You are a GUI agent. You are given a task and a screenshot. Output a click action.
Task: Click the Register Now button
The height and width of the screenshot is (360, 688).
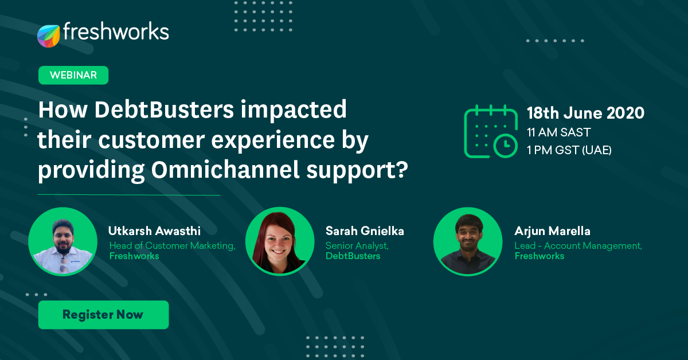point(104,315)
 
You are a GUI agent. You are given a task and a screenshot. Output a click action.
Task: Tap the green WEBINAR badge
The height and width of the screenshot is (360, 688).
point(73,75)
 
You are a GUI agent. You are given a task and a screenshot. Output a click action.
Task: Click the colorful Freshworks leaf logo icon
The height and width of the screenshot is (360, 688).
point(48,36)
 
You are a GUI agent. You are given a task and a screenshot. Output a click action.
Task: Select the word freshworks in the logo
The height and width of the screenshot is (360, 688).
point(116,32)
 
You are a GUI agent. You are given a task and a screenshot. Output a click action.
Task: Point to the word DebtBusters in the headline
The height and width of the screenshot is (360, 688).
point(164,109)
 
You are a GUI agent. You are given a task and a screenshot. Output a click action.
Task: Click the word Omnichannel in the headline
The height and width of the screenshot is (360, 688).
point(225,170)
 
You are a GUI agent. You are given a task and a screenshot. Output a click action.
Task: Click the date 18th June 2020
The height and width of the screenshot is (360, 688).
point(585,113)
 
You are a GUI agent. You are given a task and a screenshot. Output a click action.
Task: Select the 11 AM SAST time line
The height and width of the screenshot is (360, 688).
point(558,132)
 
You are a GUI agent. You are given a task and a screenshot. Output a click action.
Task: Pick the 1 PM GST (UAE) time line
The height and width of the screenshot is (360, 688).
point(569,150)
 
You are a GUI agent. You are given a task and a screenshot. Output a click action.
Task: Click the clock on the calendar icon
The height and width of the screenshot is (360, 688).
point(505,146)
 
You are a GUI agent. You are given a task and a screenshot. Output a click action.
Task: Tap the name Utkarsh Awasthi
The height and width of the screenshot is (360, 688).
point(154,231)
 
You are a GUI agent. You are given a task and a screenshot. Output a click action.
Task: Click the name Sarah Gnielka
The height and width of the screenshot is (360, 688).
point(365,231)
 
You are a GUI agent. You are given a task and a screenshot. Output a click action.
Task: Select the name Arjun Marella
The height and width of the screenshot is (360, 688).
point(552,231)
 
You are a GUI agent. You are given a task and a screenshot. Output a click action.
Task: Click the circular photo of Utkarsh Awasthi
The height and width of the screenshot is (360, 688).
point(62,242)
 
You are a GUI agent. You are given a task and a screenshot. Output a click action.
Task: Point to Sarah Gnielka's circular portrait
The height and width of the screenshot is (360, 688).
point(280,241)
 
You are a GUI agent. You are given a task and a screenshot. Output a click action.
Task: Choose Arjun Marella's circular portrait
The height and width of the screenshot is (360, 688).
point(468,242)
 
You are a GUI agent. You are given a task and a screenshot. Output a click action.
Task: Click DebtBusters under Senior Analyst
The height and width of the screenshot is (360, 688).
point(353,256)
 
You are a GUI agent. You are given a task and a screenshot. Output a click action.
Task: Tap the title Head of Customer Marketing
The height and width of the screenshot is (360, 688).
point(173,246)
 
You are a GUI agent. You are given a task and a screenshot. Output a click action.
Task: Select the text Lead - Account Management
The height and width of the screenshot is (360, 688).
point(578,246)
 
